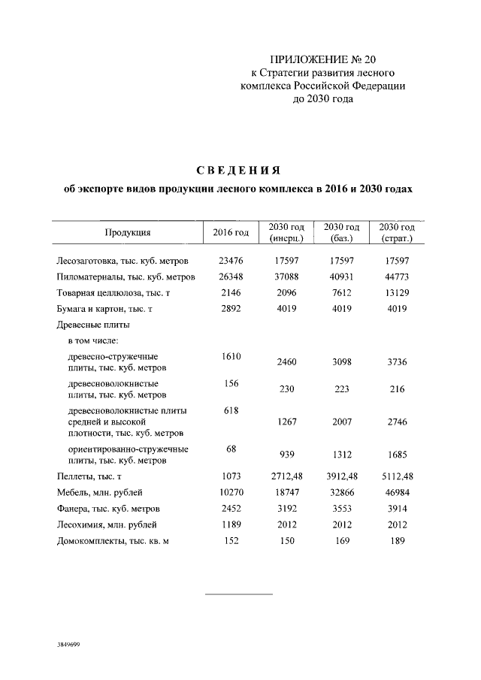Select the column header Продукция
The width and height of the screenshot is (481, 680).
click(x=127, y=233)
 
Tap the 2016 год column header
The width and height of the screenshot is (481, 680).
click(x=230, y=233)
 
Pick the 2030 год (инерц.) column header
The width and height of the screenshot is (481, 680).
click(x=286, y=233)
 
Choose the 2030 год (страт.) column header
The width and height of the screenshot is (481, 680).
click(x=396, y=233)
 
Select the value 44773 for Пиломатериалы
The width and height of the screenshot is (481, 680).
click(x=396, y=277)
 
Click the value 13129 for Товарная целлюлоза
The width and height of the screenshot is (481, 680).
click(x=396, y=292)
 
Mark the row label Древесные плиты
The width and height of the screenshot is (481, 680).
click(x=93, y=325)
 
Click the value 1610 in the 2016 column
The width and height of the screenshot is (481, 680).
click(x=231, y=356)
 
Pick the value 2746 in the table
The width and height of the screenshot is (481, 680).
click(x=396, y=422)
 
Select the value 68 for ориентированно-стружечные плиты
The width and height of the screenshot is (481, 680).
click(x=231, y=449)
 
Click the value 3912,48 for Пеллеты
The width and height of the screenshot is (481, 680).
click(x=341, y=476)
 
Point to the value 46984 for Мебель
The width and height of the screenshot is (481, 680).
click(x=396, y=492)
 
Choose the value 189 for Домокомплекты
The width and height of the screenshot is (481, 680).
click(x=396, y=540)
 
